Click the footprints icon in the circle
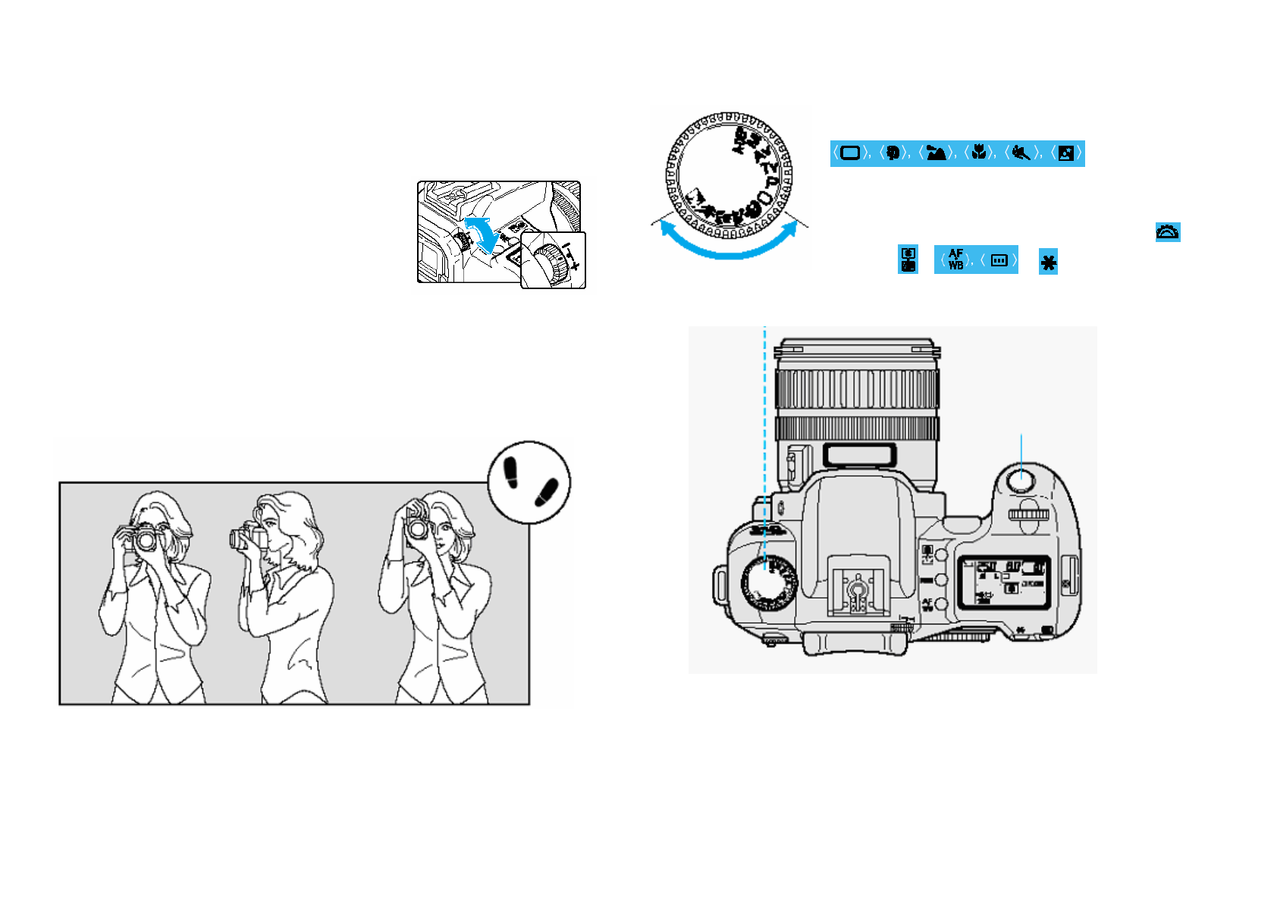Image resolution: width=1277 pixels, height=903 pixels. point(529,483)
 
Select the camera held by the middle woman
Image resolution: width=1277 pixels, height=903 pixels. point(247,538)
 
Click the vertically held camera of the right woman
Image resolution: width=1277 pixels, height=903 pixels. point(417,526)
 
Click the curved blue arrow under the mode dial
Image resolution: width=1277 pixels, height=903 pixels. point(729,243)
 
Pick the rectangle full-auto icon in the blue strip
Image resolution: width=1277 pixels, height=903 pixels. point(850,153)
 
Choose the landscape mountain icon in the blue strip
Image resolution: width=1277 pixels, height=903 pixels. point(936,153)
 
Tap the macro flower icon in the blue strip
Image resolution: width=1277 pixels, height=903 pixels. point(979,153)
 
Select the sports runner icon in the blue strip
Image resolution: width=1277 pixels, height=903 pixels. point(1021,153)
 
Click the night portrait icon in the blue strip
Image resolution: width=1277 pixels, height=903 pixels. point(1065,153)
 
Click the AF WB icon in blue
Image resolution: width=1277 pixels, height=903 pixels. point(955,260)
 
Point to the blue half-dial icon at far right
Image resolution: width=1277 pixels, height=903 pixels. point(1167,232)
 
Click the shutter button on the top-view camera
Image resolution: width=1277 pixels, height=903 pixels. point(1021,480)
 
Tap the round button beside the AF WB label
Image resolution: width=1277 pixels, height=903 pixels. point(941,605)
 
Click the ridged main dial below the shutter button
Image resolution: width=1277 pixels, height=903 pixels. point(1028,514)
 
